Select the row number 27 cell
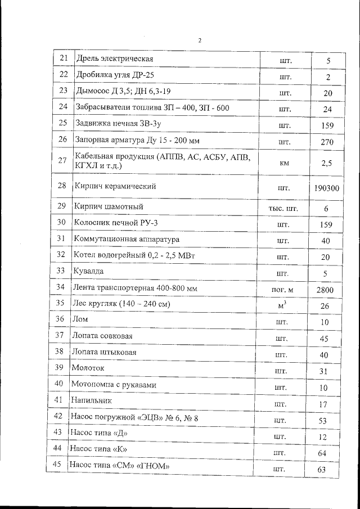tap(62, 160)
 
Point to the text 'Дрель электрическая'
tap(115, 59)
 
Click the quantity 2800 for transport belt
tap(326, 290)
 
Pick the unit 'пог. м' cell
tap(284, 290)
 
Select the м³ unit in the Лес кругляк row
tap(284, 305)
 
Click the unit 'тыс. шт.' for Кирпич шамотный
tap(284, 209)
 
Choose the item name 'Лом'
tap(79, 319)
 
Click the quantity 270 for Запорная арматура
tap(327, 142)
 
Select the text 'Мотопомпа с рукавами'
tap(113, 384)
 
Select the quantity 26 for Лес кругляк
tap(325, 307)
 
